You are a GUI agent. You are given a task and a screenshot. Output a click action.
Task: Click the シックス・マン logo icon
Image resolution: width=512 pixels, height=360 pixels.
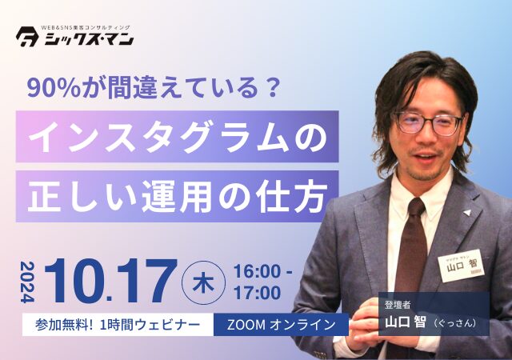click(28, 38)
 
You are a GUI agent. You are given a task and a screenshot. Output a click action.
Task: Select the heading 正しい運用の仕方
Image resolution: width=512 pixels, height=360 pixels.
click(177, 194)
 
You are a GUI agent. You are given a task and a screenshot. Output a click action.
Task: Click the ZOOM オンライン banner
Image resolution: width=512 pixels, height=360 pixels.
click(282, 325)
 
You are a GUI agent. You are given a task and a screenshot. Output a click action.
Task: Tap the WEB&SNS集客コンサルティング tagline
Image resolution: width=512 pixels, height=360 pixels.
click(84, 27)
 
